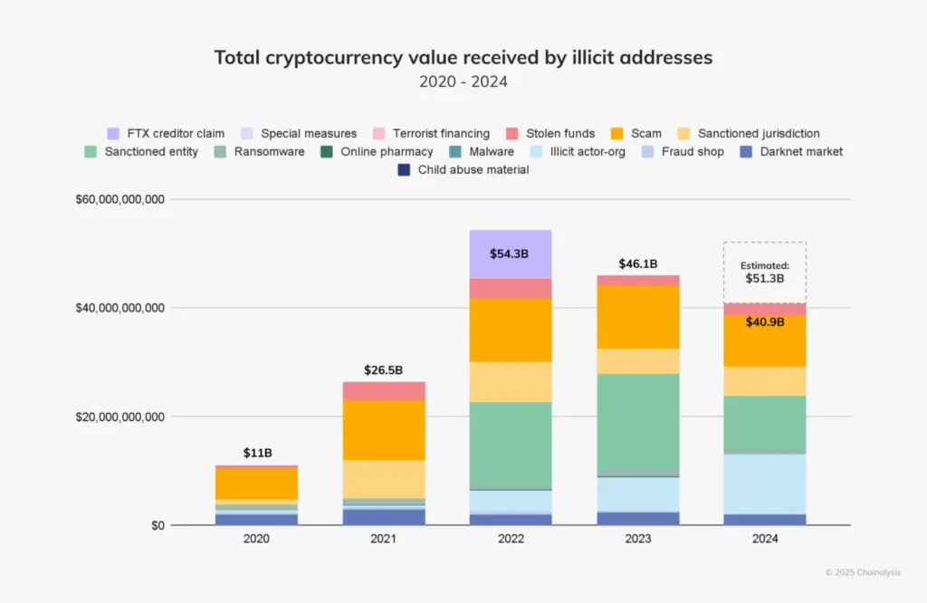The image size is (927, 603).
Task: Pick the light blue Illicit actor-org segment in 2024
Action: [x=765, y=483]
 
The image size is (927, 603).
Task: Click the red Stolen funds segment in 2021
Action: [x=384, y=390]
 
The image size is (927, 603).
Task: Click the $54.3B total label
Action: [x=511, y=254]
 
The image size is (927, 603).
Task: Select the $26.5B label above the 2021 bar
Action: [x=384, y=369]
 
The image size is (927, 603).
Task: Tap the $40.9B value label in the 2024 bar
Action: [x=765, y=322]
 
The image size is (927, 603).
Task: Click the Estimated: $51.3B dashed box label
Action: [x=765, y=273]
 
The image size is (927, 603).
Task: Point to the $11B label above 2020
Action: [x=256, y=452]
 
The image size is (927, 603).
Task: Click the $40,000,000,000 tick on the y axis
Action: [x=119, y=308]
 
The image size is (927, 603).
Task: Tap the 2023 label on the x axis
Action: [x=638, y=538]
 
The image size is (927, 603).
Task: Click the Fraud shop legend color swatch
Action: [x=649, y=151]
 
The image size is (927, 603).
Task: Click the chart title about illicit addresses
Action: [x=463, y=58]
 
